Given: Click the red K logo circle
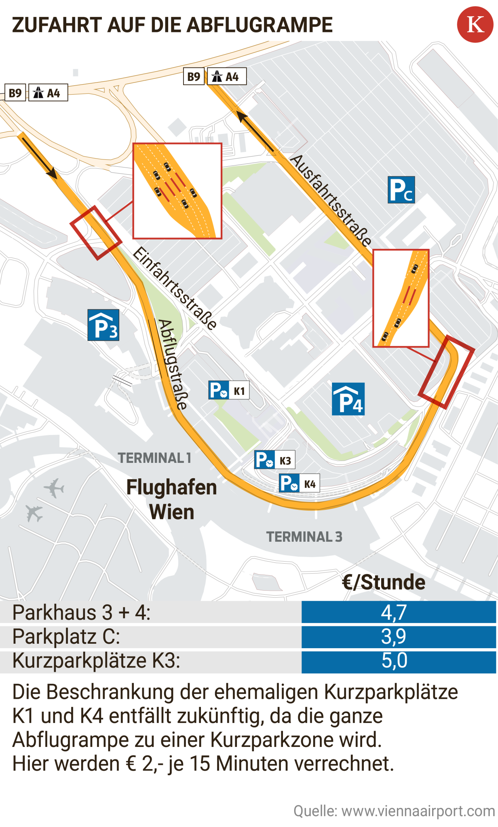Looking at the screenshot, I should [x=475, y=24].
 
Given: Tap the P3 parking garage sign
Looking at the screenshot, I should [x=103, y=325].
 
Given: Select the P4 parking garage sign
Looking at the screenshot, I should [x=348, y=399].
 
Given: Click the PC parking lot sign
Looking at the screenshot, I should [x=401, y=189].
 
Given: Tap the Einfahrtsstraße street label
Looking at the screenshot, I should [x=175, y=288].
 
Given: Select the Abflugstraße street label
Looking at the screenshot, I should [x=173, y=364].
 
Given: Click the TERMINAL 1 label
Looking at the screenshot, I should [x=154, y=458].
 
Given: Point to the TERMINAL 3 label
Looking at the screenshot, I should [x=304, y=537].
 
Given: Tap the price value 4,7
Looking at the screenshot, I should [x=394, y=612].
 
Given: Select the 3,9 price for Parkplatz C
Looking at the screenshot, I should [x=394, y=636].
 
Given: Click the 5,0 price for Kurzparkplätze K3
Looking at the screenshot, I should [x=394, y=660].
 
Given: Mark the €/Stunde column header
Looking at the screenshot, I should [x=383, y=582].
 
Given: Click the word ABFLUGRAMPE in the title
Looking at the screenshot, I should [x=260, y=25].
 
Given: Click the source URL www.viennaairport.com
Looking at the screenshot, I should [x=418, y=811].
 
